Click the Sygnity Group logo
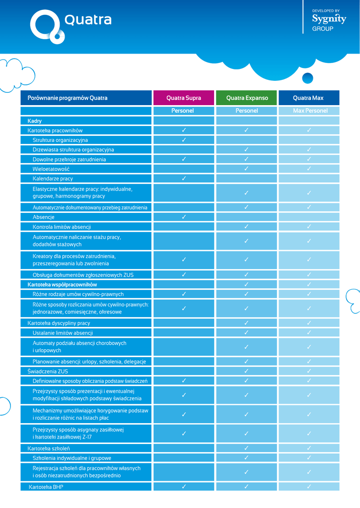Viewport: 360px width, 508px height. tap(329, 20)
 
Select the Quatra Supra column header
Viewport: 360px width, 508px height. tap(184, 98)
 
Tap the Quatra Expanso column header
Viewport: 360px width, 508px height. tap(247, 98)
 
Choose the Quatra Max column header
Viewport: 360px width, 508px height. tap(308, 98)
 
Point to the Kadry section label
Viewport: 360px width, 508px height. tap(35, 121)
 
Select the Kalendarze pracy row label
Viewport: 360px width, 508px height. tap(53, 179)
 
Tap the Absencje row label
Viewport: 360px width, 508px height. tap(44, 217)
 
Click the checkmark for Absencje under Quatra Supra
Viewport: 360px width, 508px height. tap(184, 217)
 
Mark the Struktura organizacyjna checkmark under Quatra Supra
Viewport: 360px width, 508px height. tap(184, 140)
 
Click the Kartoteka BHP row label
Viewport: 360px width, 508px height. tap(46, 487)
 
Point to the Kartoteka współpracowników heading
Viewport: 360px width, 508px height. tap(62, 285)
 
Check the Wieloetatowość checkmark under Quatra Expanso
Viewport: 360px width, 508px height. tap(247, 169)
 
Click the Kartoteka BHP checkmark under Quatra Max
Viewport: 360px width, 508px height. tap(309, 487)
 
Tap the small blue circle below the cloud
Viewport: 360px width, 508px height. tap(307, 78)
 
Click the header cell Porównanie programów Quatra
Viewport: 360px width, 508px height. tap(68, 98)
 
